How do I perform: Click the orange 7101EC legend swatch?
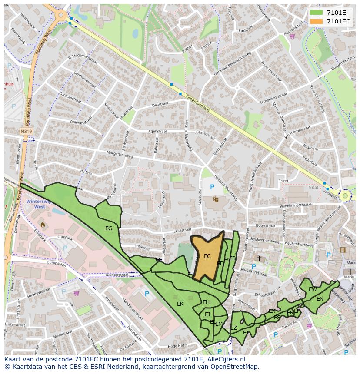[316, 21]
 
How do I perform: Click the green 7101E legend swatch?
[316, 13]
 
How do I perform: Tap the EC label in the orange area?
[207, 256]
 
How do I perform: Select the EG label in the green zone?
[109, 228]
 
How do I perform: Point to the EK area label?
[180, 304]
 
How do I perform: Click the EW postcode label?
[313, 289]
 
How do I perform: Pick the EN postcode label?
[320, 298]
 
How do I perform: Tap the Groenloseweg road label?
[198, 103]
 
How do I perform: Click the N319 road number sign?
[26, 131]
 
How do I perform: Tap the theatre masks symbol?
[215, 199]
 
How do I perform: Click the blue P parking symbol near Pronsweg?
[212, 187]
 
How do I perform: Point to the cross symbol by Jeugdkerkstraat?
[259, 258]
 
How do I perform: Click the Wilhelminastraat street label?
[294, 204]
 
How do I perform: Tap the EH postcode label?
[206, 302]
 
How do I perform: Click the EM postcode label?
[219, 324]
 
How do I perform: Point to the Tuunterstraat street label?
[117, 275]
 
